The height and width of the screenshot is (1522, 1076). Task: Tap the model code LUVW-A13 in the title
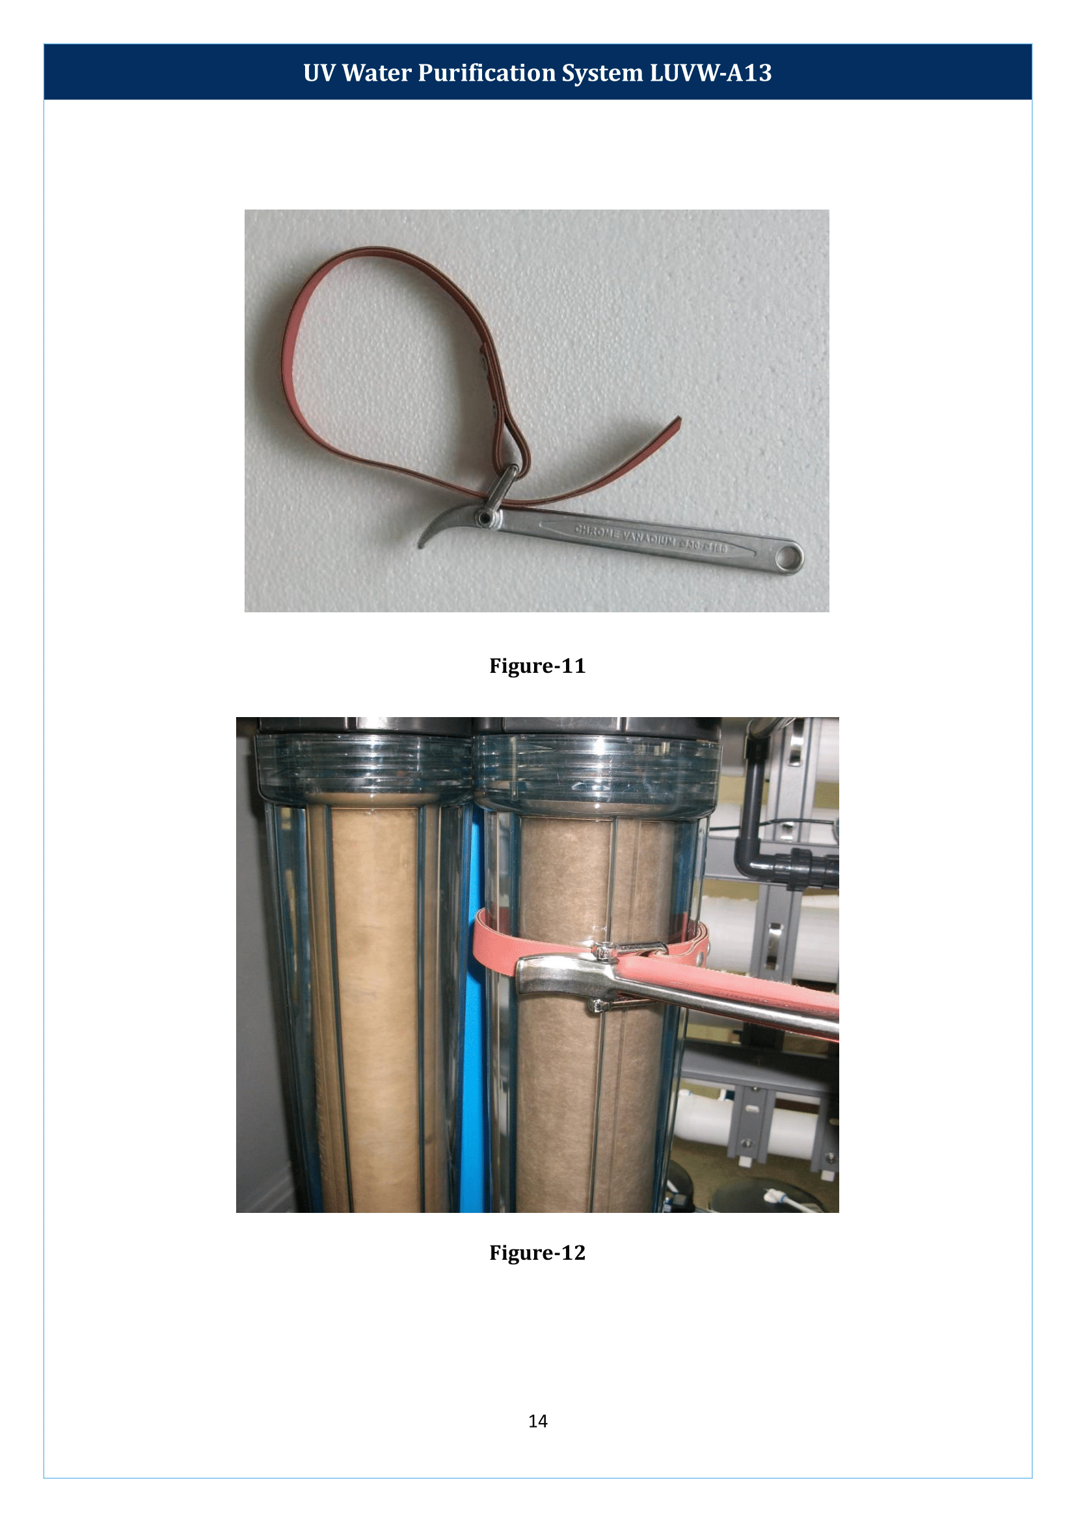[x=710, y=73]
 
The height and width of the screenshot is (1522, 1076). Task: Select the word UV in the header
[x=319, y=73]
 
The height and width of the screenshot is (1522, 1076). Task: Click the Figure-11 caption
[x=537, y=666]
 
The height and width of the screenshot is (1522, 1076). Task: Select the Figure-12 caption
[x=537, y=1252]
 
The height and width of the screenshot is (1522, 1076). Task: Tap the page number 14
[x=537, y=1421]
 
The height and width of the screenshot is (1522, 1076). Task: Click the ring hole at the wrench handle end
[x=788, y=557]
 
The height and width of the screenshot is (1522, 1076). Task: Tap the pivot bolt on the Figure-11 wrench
[x=485, y=517]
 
